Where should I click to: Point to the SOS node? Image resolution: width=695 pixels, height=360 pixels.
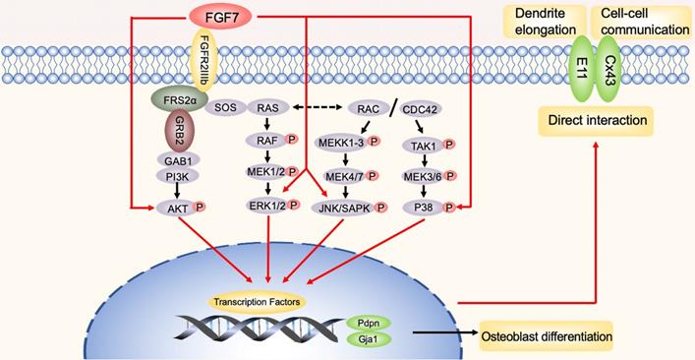(x=225, y=107)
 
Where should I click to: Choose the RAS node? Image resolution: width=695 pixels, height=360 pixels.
(x=266, y=107)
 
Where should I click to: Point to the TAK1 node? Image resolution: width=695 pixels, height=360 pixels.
(x=423, y=145)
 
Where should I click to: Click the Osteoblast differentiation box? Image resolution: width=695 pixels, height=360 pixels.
(x=546, y=337)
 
